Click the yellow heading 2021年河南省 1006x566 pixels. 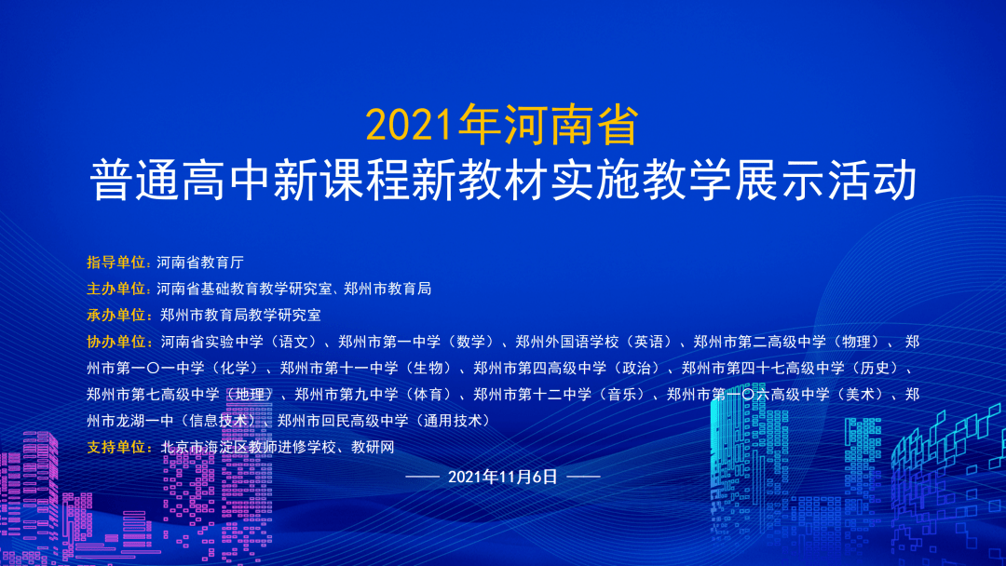pyautogui.click(x=502, y=126)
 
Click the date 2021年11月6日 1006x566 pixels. pyautogui.click(x=502, y=477)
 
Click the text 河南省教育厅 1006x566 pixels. pyautogui.click(x=200, y=262)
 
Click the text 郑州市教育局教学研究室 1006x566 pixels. pyautogui.click(x=240, y=315)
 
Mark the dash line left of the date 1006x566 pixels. pyautogui.click(x=423, y=477)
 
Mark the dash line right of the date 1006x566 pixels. pyautogui.click(x=583, y=477)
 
